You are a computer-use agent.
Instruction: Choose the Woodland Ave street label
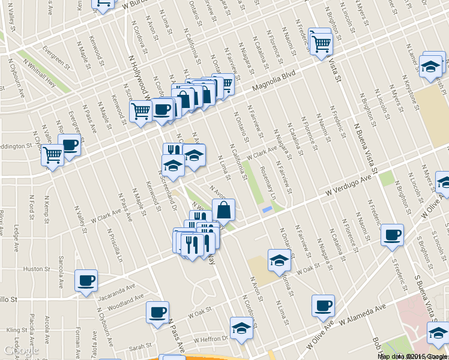pyautogui.click(x=126, y=298)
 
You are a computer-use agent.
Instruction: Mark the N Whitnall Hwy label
pyautogui.click(x=40, y=72)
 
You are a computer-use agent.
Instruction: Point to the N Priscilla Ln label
pyautogui.click(x=114, y=241)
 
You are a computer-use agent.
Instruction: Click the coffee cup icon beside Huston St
pyautogui.click(x=85, y=280)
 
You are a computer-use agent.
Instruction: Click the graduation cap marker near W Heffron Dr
pyautogui.click(x=241, y=328)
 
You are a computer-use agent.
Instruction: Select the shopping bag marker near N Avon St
pyautogui.click(x=223, y=209)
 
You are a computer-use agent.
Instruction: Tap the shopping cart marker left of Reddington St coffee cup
pyautogui.click(x=52, y=155)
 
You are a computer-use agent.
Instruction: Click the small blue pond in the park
pyautogui.click(x=267, y=210)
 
